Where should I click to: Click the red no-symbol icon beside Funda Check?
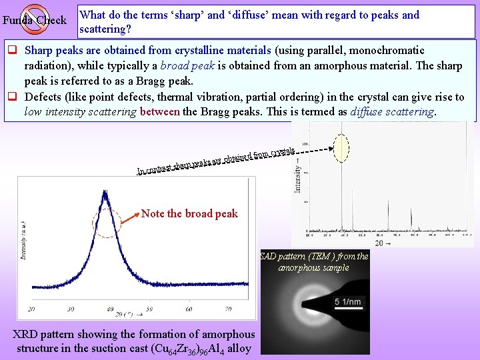click(34, 19)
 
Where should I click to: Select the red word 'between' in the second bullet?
click(160, 111)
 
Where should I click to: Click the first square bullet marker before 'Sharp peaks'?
click(12, 51)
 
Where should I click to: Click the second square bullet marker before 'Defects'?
click(12, 97)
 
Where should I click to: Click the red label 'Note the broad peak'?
click(189, 214)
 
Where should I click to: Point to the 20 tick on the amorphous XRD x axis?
click(32, 309)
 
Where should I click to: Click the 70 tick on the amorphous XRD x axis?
click(228, 309)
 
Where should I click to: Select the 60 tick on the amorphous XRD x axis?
click(189, 309)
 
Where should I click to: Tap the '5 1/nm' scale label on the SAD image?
click(347, 302)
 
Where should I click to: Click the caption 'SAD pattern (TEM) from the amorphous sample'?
click(313, 261)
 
